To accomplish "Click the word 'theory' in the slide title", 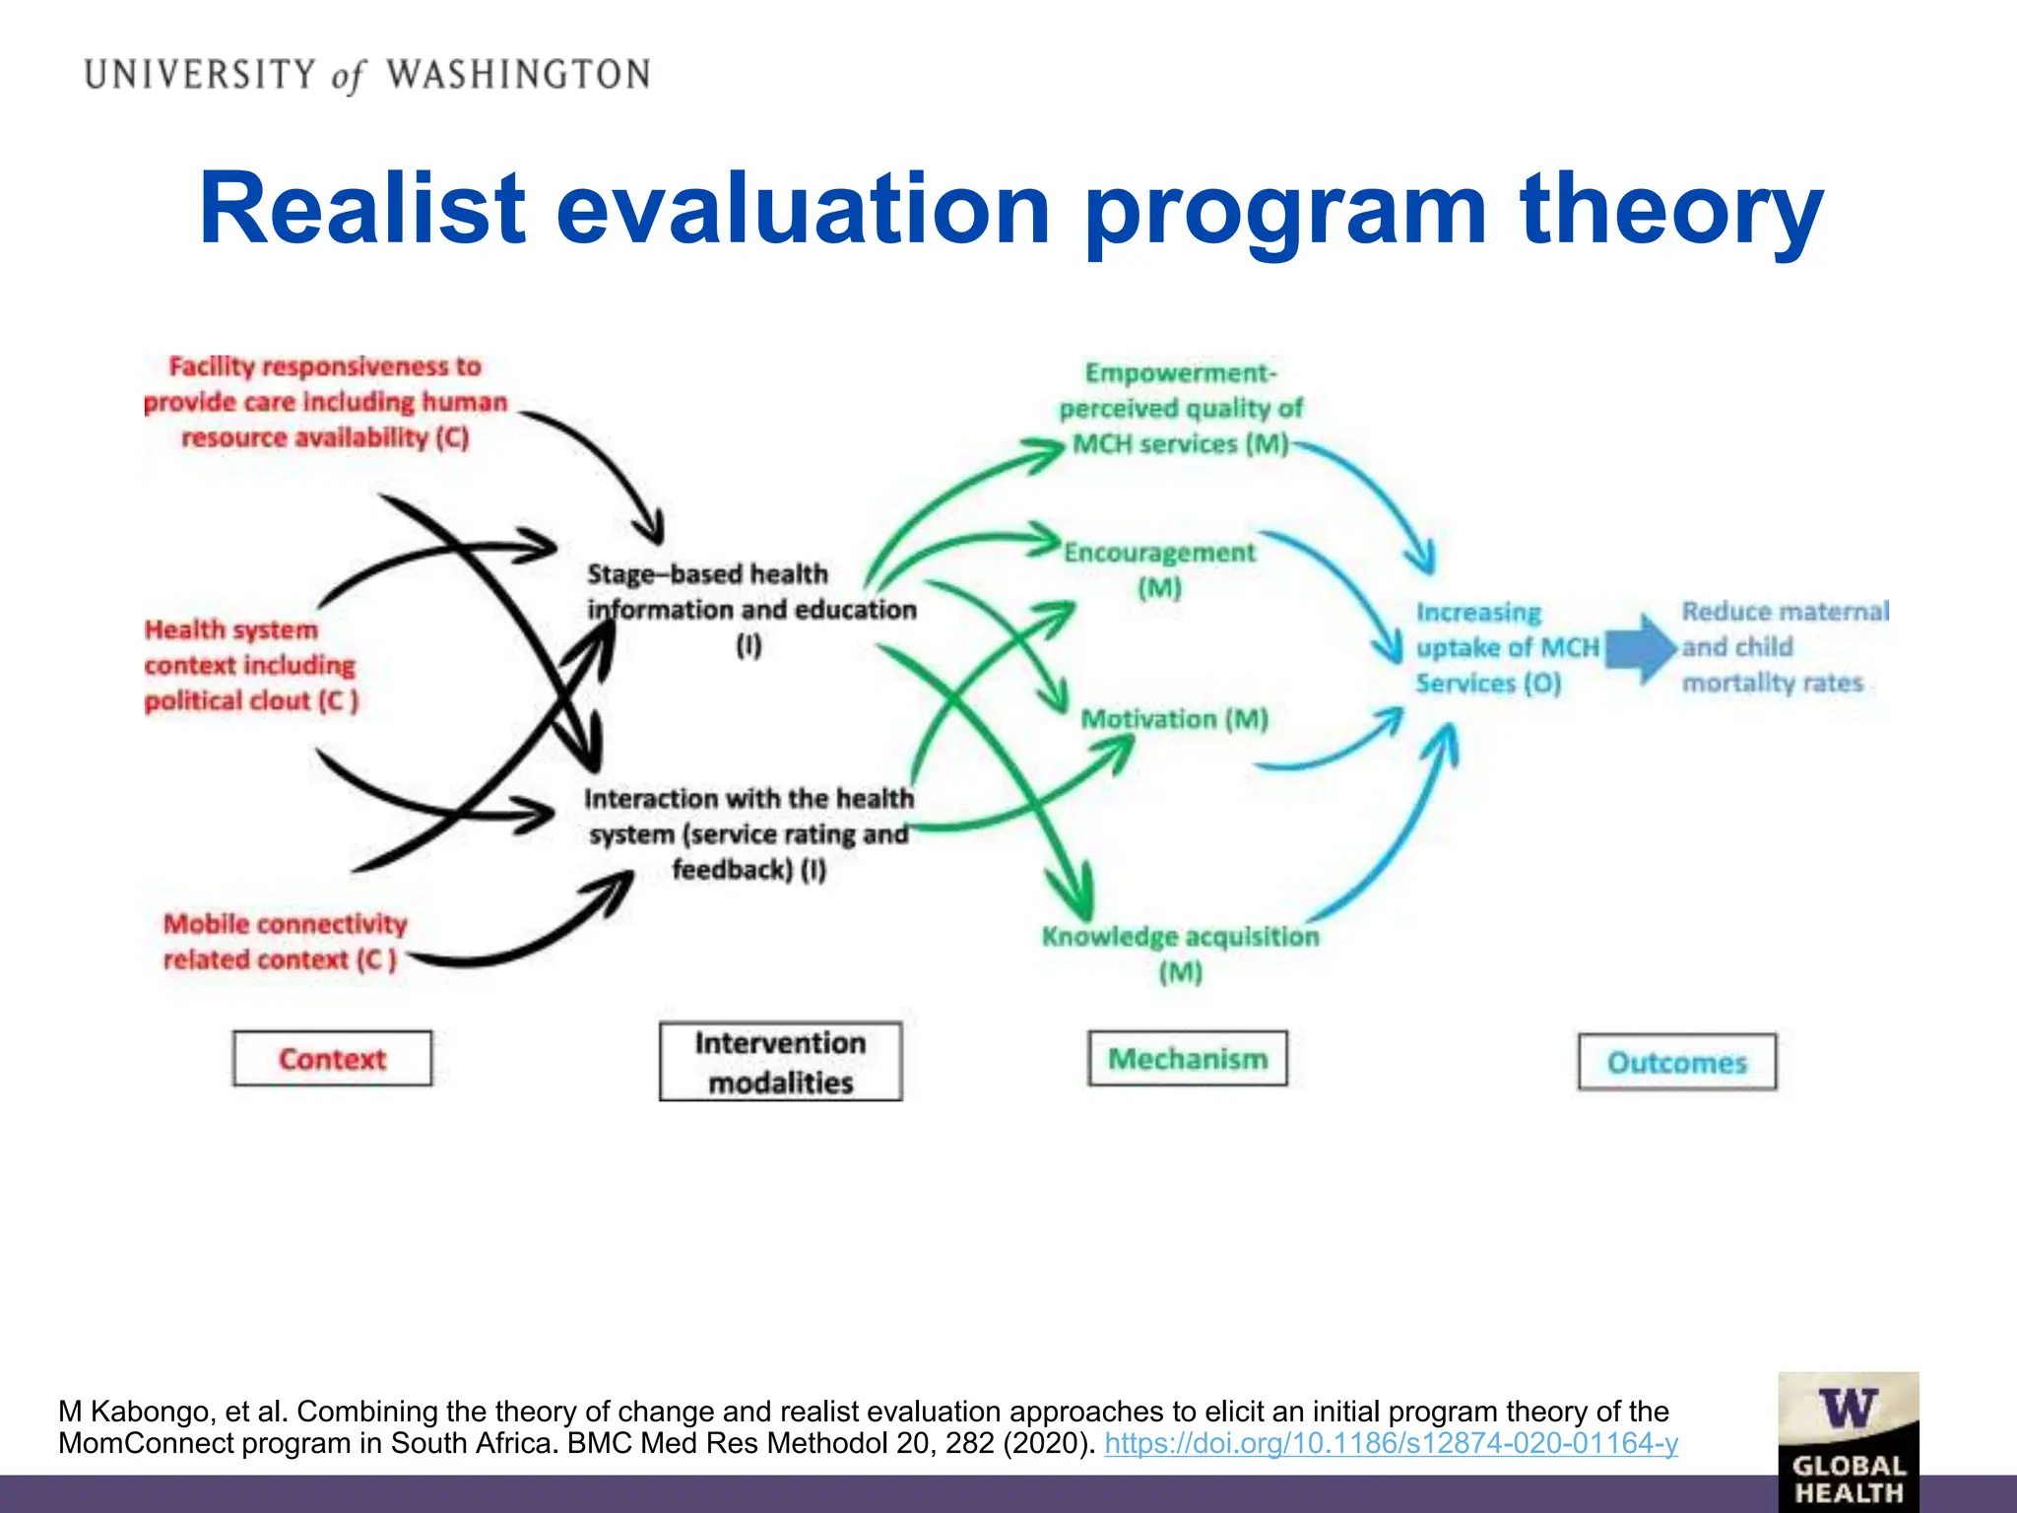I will (x=1671, y=209).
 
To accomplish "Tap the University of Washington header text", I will (x=366, y=75).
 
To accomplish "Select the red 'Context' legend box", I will (x=332, y=1059).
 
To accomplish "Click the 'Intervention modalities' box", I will (x=780, y=1062).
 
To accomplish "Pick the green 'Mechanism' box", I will (x=1187, y=1059).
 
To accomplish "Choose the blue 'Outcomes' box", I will (x=1676, y=1062).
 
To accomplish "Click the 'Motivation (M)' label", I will (x=1174, y=719).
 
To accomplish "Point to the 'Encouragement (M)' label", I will (x=1159, y=568).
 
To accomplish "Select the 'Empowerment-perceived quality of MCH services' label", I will (x=1180, y=408).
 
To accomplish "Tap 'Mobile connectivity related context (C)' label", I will (x=284, y=941).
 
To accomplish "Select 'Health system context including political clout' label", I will (x=250, y=665).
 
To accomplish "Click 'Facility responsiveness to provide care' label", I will (x=325, y=402).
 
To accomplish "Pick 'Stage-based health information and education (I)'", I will (x=750, y=608).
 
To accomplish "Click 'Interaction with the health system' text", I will (x=748, y=833).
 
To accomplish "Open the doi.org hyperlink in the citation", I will (x=1391, y=1443).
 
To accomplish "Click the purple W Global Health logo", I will (x=1848, y=1440).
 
